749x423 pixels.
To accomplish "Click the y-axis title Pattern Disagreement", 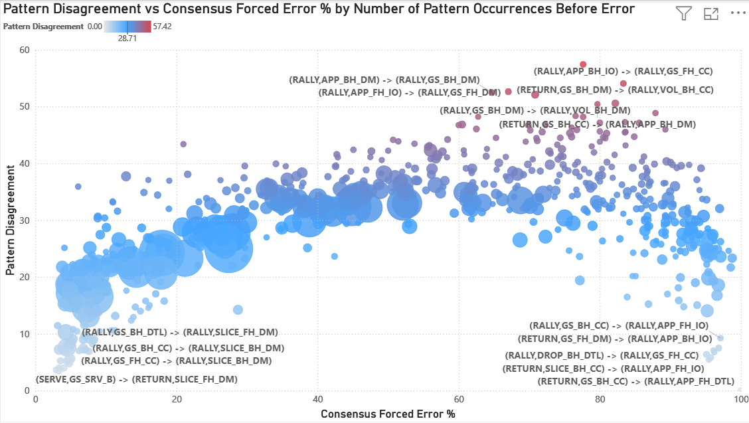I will [x=11, y=220].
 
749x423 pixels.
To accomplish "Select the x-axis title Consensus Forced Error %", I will [x=388, y=414].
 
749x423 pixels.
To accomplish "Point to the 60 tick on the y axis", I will [x=25, y=50].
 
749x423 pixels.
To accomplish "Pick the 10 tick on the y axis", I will [x=25, y=334].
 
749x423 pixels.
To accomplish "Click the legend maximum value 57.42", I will [x=163, y=27].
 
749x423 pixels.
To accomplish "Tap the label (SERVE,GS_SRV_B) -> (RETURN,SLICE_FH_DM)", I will [x=136, y=379].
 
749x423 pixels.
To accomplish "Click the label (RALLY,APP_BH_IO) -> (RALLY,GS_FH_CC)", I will [x=624, y=71].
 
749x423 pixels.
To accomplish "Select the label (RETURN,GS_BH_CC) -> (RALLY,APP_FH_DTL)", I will [x=635, y=381].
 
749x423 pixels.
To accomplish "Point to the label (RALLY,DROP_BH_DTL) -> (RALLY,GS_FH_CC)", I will [x=602, y=356].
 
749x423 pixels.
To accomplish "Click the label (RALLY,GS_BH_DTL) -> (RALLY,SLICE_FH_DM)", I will [x=179, y=332].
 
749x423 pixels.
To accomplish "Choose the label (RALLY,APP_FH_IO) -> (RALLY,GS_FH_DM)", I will [x=409, y=92].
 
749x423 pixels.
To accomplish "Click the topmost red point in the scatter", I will [x=583, y=64].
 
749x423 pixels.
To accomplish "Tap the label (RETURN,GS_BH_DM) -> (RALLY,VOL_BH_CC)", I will [x=615, y=90].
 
